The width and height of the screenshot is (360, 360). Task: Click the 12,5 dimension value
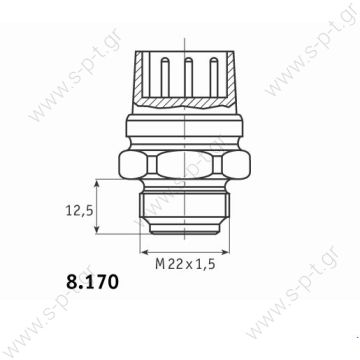(x=79, y=211)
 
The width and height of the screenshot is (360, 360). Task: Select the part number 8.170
(x=92, y=282)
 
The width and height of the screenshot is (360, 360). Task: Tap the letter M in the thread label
(x=160, y=264)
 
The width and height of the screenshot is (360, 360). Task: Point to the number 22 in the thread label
(x=176, y=264)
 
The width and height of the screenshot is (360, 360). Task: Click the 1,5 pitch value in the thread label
(x=205, y=264)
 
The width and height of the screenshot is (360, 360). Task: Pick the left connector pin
(x=165, y=77)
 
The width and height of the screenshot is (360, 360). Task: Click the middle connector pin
(x=189, y=77)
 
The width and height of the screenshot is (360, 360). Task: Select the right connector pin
(x=213, y=77)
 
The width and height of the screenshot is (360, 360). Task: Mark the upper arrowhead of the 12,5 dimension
(x=97, y=184)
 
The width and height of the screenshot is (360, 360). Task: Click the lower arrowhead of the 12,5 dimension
(x=97, y=229)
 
